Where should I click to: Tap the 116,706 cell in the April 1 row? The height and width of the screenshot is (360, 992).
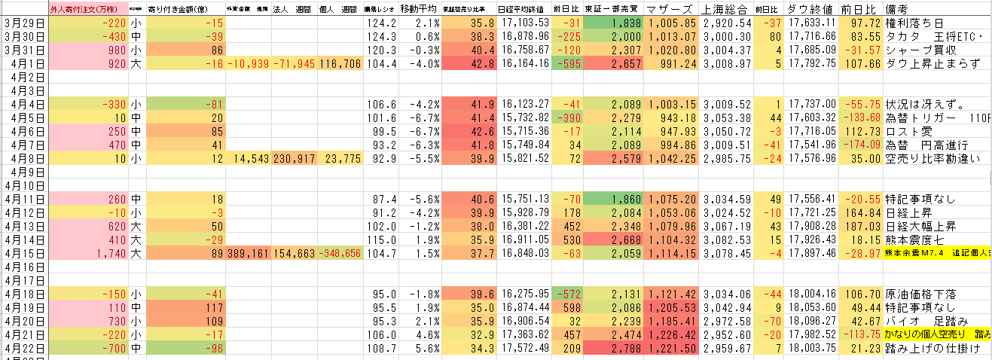tap(340, 64)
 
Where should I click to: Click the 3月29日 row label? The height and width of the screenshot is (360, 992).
tap(24, 23)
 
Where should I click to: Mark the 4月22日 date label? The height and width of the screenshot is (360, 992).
tap(24, 348)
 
